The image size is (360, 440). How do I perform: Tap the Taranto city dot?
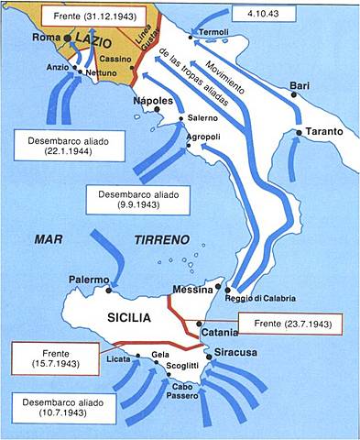[x=300, y=134]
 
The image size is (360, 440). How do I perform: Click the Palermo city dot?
[x=109, y=290]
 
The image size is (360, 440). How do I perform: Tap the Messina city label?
[x=192, y=290]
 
